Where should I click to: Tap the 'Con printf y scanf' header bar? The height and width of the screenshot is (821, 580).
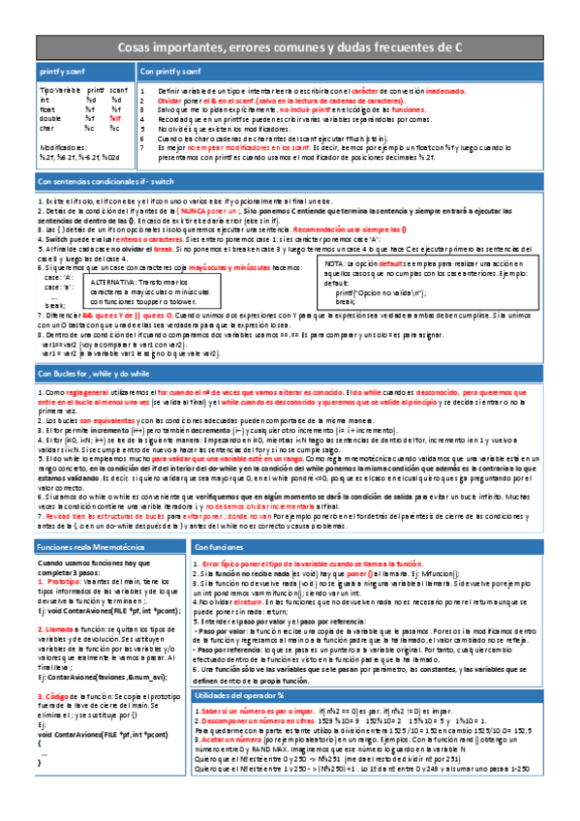tap(169, 73)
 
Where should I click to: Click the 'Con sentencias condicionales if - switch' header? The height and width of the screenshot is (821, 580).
tap(107, 182)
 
